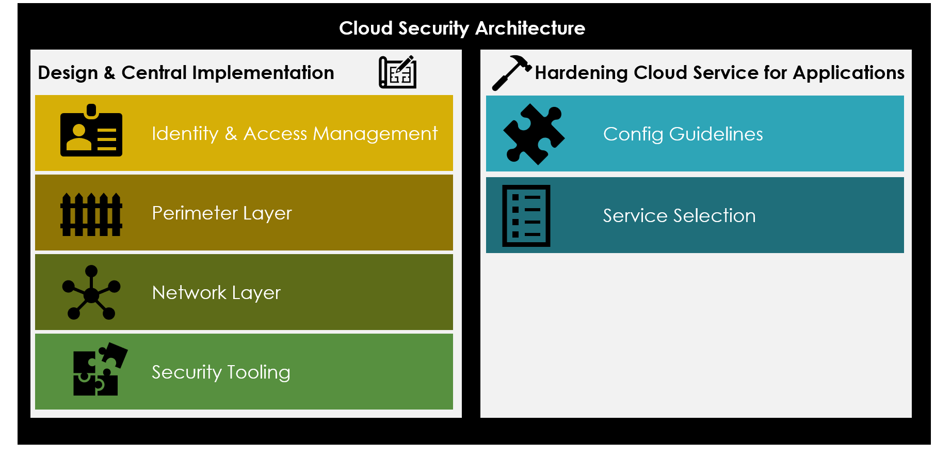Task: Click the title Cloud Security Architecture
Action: click(462, 28)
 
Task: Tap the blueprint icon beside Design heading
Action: click(397, 72)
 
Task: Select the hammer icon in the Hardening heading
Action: click(510, 72)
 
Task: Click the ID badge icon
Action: click(91, 132)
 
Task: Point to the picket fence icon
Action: click(91, 214)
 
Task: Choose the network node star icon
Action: click(91, 293)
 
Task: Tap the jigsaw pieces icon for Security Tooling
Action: click(99, 369)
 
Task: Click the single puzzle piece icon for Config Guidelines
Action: click(534, 134)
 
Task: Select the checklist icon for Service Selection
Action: click(526, 215)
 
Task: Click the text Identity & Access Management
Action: click(294, 134)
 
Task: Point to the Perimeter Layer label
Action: click(222, 213)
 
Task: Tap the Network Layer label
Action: click(216, 293)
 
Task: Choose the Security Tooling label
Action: click(221, 372)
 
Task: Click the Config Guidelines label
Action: click(683, 134)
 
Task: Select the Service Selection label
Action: click(679, 216)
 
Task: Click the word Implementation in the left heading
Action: click(263, 73)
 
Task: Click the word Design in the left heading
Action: click(68, 73)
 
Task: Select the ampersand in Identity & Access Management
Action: click(231, 134)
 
